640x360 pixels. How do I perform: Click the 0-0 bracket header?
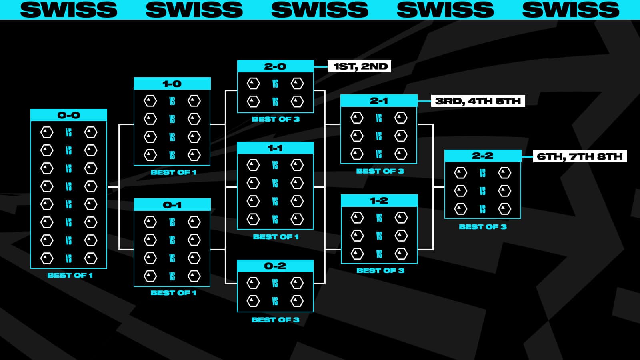[69, 115]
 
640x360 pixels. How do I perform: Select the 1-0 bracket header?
[172, 84]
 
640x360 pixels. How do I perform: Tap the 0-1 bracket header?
[172, 205]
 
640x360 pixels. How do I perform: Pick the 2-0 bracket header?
[275, 66]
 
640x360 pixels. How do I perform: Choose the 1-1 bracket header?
[275, 148]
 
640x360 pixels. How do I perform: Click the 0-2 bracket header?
[275, 266]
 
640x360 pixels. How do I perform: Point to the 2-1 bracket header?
[379, 101]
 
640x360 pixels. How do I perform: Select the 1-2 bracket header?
[379, 200]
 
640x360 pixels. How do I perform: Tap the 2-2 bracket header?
[483, 156]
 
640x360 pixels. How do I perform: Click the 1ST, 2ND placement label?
[360, 66]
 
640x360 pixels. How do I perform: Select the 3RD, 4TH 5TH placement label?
[478, 101]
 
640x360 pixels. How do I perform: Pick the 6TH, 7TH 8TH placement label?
[580, 156]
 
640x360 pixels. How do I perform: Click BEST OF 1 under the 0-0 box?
[70, 275]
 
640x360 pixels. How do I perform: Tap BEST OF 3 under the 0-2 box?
[275, 320]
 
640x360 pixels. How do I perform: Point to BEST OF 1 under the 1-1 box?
[276, 237]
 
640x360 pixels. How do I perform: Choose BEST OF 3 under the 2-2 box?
[483, 227]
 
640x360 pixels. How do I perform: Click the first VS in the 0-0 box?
[69, 132]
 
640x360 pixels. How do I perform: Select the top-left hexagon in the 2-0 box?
[253, 84]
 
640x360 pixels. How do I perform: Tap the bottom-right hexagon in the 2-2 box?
[504, 209]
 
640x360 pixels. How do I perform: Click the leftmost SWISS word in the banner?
[69, 10]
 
